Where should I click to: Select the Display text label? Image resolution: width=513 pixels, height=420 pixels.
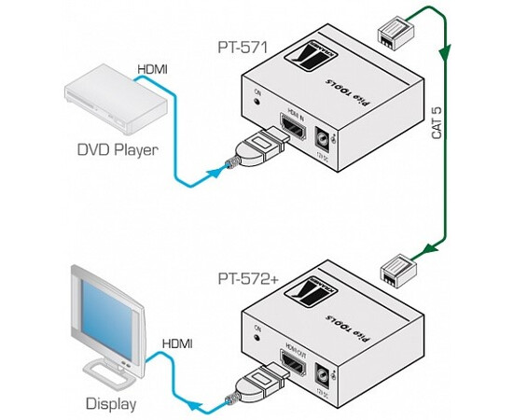(x=109, y=404)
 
